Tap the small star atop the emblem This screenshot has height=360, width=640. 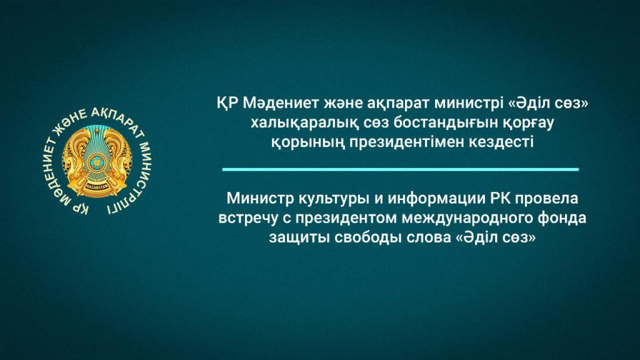[x=97, y=131]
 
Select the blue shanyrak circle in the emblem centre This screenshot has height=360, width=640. [x=97, y=163]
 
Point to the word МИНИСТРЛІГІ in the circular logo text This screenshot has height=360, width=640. [x=135, y=176]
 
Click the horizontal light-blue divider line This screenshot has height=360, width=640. [x=401, y=169]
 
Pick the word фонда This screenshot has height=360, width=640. [x=564, y=218]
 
